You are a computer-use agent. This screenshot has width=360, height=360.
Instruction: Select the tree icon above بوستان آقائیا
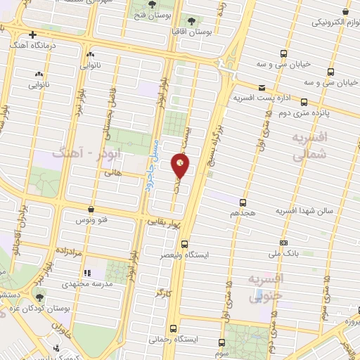coord(192,20)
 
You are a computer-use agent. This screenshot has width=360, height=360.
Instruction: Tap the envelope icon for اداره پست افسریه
coord(262,87)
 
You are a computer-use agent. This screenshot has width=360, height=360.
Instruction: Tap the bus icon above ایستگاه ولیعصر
coord(184,245)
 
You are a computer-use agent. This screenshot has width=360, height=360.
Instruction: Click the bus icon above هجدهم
coord(243,201)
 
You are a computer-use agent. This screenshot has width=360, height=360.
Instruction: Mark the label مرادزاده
coord(67,250)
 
